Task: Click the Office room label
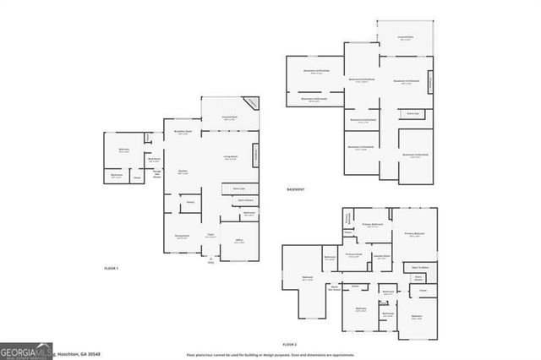pyautogui.click(x=238, y=242)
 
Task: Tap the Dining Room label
pyautogui.click(x=182, y=237)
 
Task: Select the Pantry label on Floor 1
pyautogui.click(x=190, y=202)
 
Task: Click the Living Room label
pyautogui.click(x=229, y=158)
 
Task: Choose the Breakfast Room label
pyautogui.click(x=183, y=133)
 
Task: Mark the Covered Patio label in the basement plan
pyautogui.click(x=406, y=38)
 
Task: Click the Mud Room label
pyautogui.click(x=155, y=160)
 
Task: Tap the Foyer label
pyautogui.click(x=211, y=236)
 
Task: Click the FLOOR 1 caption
pyautogui.click(x=111, y=268)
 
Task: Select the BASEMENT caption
pyautogui.click(x=295, y=188)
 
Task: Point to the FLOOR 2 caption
pyautogui.click(x=290, y=346)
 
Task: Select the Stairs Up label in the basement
pyautogui.click(x=413, y=112)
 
